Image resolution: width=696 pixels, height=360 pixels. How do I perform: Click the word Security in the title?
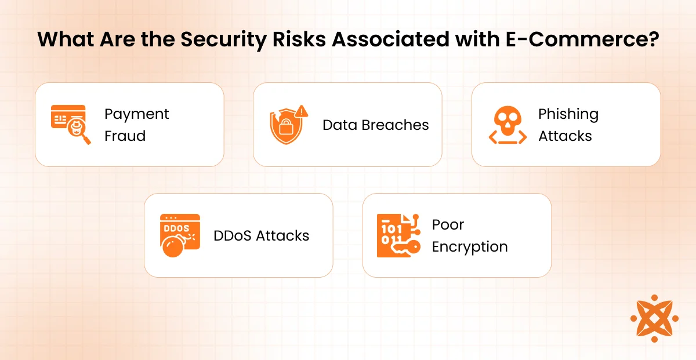(223, 40)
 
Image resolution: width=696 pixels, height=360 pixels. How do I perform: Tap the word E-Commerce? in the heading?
(582, 39)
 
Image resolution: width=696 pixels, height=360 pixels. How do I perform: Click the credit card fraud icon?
(71, 125)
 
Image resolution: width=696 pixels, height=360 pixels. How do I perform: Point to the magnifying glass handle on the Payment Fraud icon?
(86, 140)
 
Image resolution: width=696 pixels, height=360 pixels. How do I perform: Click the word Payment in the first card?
(136, 115)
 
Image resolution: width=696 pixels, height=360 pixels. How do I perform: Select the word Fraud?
(125, 136)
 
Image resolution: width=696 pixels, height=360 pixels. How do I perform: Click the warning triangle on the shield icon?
(302, 111)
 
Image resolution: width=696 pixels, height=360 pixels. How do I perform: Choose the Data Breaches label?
(376, 125)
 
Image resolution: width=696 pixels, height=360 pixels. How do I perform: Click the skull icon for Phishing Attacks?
(507, 125)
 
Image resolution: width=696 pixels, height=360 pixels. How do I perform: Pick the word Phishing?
(568, 115)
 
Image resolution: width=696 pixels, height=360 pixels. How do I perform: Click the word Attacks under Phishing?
(565, 136)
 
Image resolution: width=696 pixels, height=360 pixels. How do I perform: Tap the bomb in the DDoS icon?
(172, 246)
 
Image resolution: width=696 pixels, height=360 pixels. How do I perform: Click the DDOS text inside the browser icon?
(176, 228)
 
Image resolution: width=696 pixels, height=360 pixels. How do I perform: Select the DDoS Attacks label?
(262, 236)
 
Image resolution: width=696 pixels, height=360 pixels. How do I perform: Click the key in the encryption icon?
(405, 248)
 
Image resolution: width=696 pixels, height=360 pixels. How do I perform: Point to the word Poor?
(448, 224)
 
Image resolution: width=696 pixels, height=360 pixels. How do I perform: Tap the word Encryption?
(470, 247)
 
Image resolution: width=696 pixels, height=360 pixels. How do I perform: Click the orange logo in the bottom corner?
(654, 318)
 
